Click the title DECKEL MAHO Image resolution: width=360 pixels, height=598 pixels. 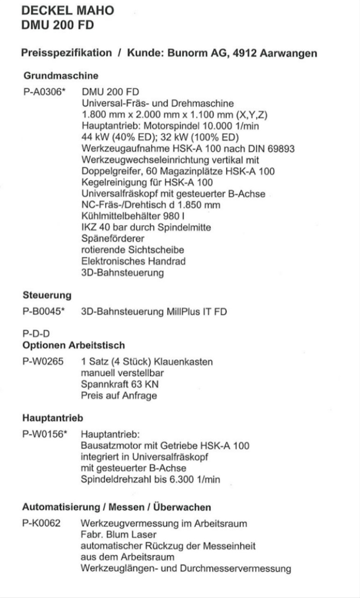click(x=68, y=10)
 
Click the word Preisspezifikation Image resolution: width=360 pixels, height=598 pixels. click(x=66, y=53)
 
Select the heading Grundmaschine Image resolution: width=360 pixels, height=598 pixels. click(x=61, y=75)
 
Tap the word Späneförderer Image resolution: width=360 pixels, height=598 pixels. click(x=113, y=238)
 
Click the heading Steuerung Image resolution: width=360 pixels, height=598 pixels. click(x=47, y=295)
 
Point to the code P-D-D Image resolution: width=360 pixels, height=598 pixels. click(x=36, y=334)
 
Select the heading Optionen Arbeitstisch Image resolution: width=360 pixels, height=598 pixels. click(x=74, y=345)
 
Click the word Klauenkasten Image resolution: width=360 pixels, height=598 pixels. click(x=183, y=362)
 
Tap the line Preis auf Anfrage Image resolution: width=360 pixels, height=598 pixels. click(x=119, y=396)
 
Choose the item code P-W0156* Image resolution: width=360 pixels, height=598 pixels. click(x=45, y=434)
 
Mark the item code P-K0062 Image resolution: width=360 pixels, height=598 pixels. click(x=41, y=524)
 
